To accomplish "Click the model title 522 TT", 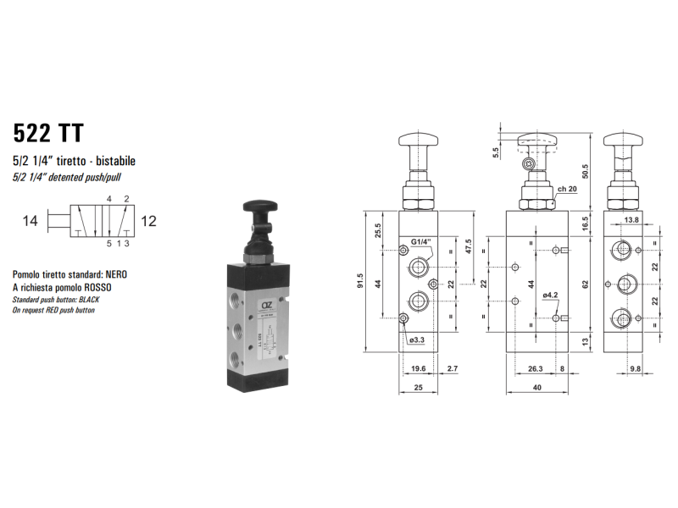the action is click(x=48, y=133).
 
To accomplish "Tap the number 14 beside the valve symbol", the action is click(x=31, y=221).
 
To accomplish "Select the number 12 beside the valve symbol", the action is click(x=148, y=221).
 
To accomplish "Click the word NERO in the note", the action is click(x=116, y=274).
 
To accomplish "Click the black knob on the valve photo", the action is click(x=258, y=207).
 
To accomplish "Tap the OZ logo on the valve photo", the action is click(x=265, y=305).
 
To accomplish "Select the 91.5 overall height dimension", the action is click(x=360, y=281).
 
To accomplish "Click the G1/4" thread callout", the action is click(x=421, y=241).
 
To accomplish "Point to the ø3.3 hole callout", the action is click(x=417, y=340).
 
